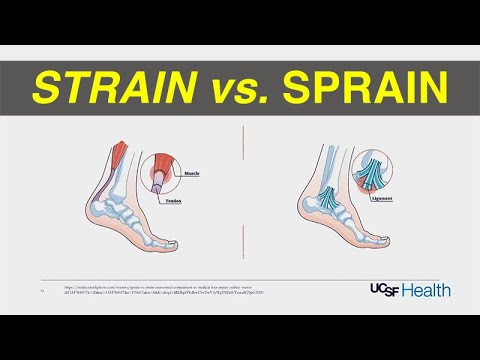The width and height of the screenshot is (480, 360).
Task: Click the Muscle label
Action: pos(191,173)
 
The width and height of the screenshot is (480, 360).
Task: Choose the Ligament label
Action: pos(381,200)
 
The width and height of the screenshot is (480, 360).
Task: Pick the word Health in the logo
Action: pos(428,290)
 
